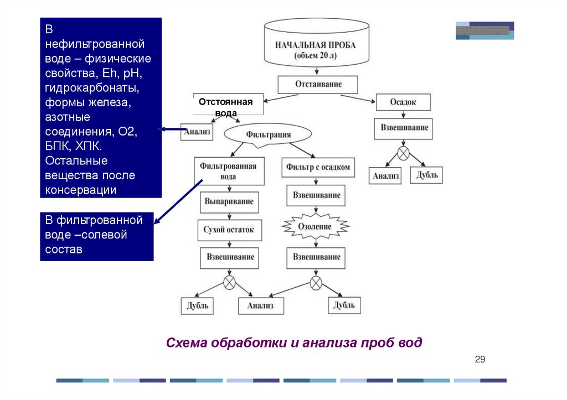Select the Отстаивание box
(x=317, y=85)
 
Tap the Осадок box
(x=403, y=102)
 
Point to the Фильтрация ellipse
(x=265, y=134)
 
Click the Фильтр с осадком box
(x=318, y=167)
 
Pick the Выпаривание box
(x=229, y=201)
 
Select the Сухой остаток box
(x=229, y=230)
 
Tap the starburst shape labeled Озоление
(x=315, y=226)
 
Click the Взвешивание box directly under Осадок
(x=404, y=128)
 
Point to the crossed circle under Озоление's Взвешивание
(x=316, y=283)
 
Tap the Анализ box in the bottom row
(x=260, y=306)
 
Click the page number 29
(x=480, y=360)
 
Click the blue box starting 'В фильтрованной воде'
(x=98, y=235)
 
